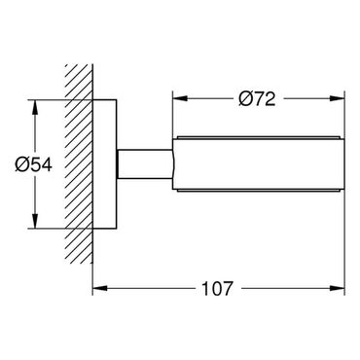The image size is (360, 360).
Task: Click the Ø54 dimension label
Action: coord(33,164)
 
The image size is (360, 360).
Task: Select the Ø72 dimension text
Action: coord(257,99)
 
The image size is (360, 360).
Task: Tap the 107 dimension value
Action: coord(217,288)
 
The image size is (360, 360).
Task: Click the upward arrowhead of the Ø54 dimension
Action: coord(35,107)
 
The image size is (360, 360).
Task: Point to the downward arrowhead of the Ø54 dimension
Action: coord(35,221)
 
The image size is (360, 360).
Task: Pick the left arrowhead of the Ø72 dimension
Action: coord(180,98)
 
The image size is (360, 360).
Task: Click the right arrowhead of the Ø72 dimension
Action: coord(337,98)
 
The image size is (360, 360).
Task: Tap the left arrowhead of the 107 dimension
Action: coord(100,288)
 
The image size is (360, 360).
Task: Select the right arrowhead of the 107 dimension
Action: coord(337,288)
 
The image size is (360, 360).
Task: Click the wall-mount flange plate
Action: coord(105,164)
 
